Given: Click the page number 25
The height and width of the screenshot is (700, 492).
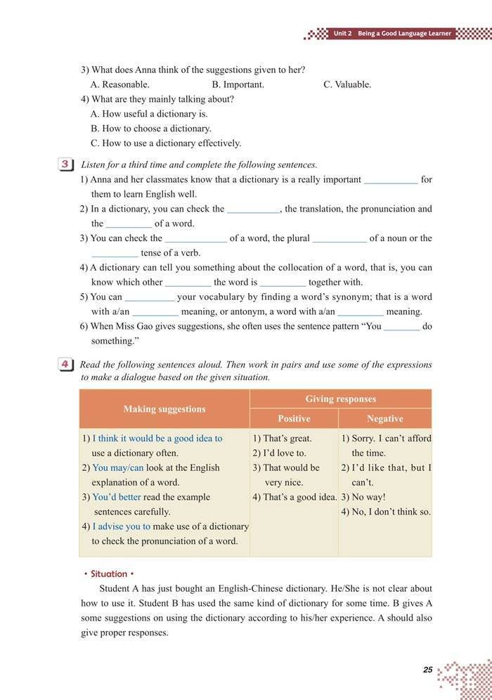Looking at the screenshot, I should coord(427,670).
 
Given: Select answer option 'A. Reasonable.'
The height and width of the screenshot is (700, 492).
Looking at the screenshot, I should coord(120,84).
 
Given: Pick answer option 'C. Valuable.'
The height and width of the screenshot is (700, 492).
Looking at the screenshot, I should coord(347,84).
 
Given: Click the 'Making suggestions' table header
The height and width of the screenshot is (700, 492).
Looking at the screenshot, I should coord(164,409).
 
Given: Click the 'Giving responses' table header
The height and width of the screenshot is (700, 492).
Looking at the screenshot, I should coord(340,399).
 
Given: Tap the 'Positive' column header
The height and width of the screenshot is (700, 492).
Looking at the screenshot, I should coord(294,419).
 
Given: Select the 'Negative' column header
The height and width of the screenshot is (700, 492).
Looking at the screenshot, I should coord(384,419).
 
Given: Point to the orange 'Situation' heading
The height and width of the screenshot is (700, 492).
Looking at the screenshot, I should coord(108,574).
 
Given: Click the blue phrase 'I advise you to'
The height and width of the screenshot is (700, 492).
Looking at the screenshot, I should coord(122,526).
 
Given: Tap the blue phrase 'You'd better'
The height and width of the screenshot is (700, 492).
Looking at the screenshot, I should coord(117,497).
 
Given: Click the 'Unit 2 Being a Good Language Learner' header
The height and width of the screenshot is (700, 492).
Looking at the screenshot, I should coord(391,33).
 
